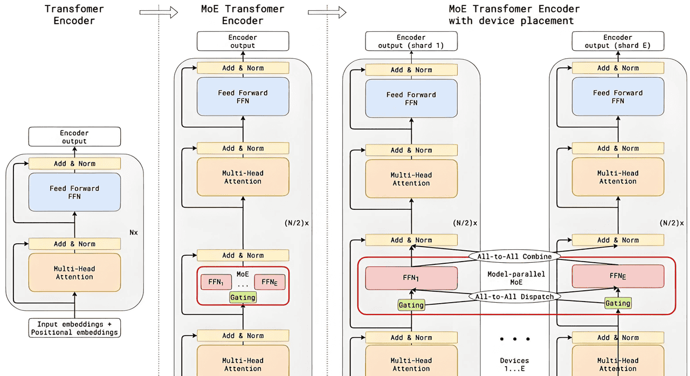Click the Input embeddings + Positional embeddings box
coord(74,328)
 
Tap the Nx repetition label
coord(133,233)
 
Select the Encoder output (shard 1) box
coord(411,42)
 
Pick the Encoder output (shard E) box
coord(618,42)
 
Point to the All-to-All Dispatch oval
coord(514,296)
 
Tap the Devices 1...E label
coord(514,365)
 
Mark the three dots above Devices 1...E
coord(514,339)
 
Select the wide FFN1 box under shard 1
coord(411,278)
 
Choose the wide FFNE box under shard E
coord(618,276)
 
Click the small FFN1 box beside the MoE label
coord(216,282)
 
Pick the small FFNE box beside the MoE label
coord(270,282)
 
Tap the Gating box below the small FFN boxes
coord(243,297)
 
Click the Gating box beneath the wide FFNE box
coord(618,303)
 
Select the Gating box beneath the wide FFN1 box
coord(411,305)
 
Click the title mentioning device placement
coord(514,15)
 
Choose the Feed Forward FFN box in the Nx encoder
coord(74,192)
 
